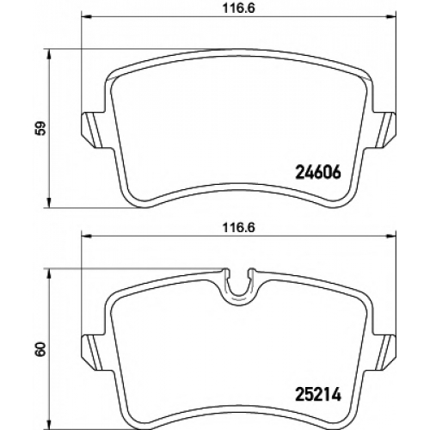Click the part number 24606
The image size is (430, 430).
(318, 173)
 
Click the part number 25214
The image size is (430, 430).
(318, 395)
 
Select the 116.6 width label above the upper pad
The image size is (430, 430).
(239, 9)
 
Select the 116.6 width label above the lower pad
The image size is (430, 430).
(239, 228)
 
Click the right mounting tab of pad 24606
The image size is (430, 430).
(384, 131)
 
